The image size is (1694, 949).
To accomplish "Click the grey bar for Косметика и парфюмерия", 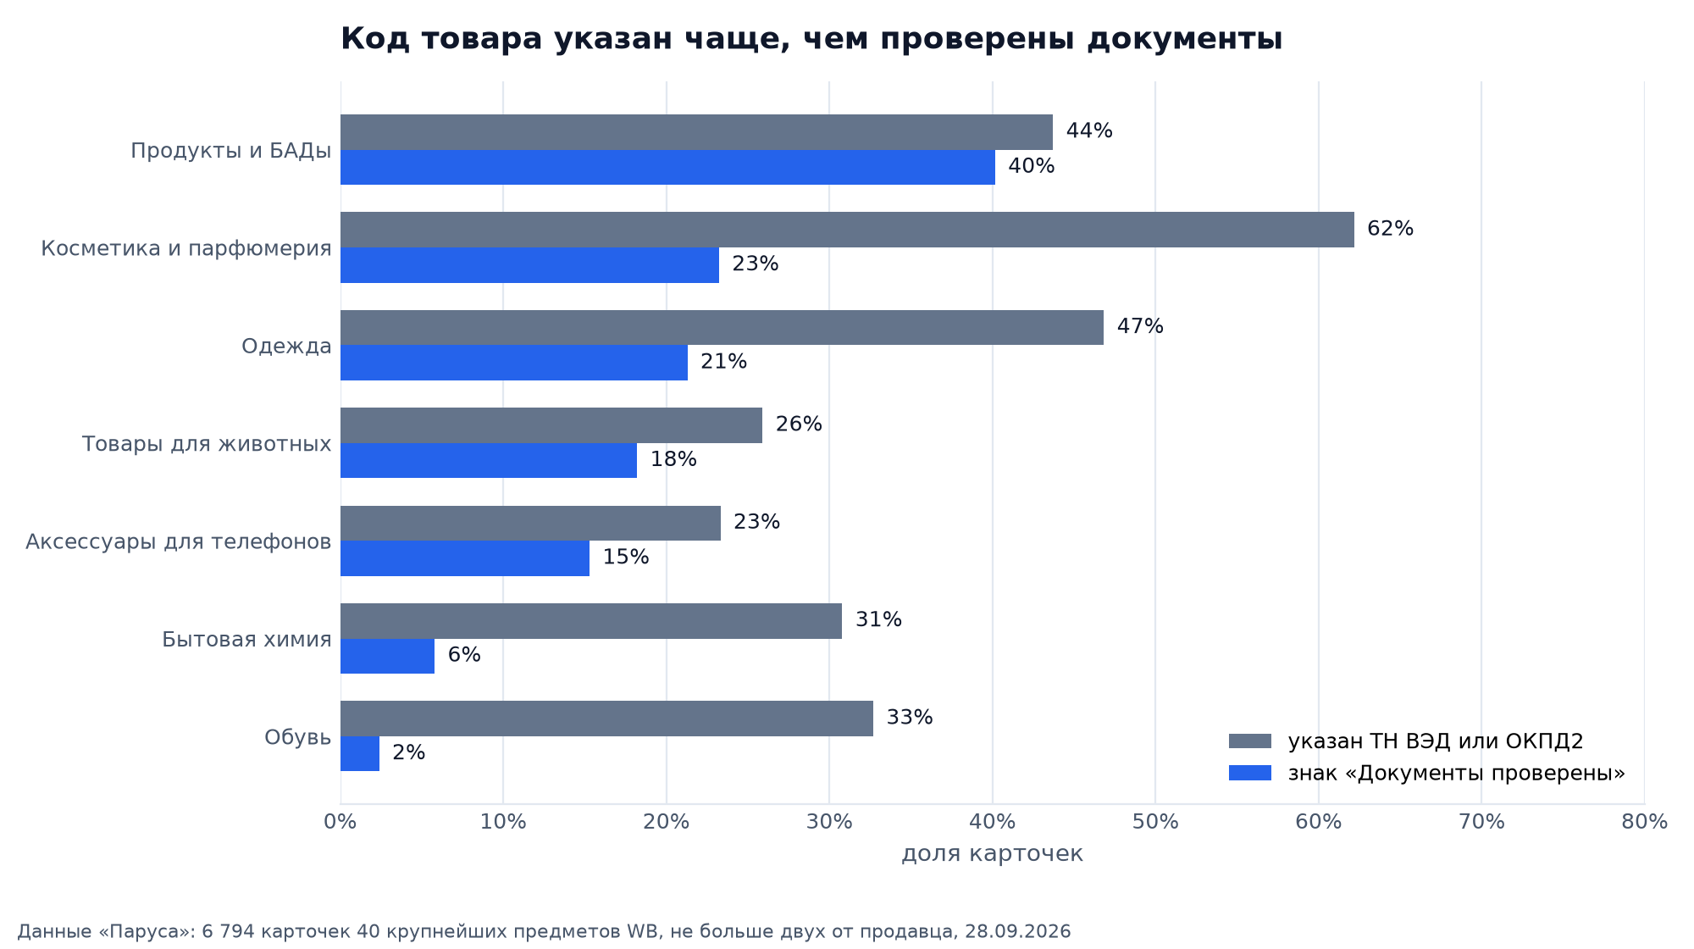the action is tap(847, 230).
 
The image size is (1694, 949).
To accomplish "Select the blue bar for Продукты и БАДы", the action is tap(667, 168).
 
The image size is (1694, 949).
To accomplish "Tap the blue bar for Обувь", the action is tap(360, 753).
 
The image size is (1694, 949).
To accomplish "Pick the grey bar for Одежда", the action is tap(722, 327).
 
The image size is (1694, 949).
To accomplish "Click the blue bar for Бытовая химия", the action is tap(387, 656).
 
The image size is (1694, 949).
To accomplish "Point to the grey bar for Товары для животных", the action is tap(551, 425).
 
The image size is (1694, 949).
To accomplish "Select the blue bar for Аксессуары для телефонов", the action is tap(465, 558).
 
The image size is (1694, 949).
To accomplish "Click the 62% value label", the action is tap(1390, 229).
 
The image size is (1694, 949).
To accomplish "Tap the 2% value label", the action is tap(408, 752).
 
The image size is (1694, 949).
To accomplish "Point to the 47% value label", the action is tap(1140, 326).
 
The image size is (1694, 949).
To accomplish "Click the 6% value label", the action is tap(464, 655).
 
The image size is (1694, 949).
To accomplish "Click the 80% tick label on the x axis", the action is tap(1644, 822).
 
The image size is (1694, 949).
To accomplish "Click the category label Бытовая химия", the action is tap(246, 640).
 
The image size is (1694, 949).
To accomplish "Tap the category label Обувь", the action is tap(297, 737).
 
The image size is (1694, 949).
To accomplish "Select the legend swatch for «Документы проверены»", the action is tap(1250, 773).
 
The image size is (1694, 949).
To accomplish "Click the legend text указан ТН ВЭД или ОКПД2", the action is tap(1436, 741).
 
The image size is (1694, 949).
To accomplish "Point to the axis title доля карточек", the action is tap(992, 854).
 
